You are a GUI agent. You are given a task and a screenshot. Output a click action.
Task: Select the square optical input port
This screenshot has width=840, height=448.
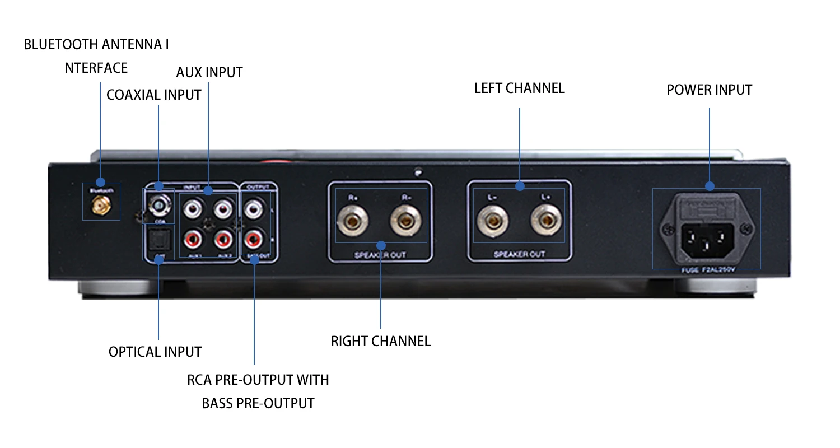[159, 241]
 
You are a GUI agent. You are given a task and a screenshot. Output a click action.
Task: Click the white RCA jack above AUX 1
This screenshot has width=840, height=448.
[193, 209]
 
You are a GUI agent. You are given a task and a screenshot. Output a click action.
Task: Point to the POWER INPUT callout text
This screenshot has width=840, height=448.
[709, 90]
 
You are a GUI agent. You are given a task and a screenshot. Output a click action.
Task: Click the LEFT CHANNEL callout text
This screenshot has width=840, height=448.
[519, 88]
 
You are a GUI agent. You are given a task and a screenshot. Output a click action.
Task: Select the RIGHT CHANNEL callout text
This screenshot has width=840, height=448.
[380, 342]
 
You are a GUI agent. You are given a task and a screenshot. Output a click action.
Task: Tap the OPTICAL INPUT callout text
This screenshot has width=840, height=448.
[155, 352]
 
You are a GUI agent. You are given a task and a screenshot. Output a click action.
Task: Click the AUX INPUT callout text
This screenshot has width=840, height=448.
[209, 73]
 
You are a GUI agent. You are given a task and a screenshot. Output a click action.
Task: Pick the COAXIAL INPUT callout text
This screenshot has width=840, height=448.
[153, 95]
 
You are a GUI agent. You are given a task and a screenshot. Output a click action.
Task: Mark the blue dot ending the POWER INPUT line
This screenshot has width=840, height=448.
[710, 186]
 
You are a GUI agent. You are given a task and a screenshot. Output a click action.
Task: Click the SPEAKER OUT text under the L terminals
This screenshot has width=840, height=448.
[519, 254]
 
